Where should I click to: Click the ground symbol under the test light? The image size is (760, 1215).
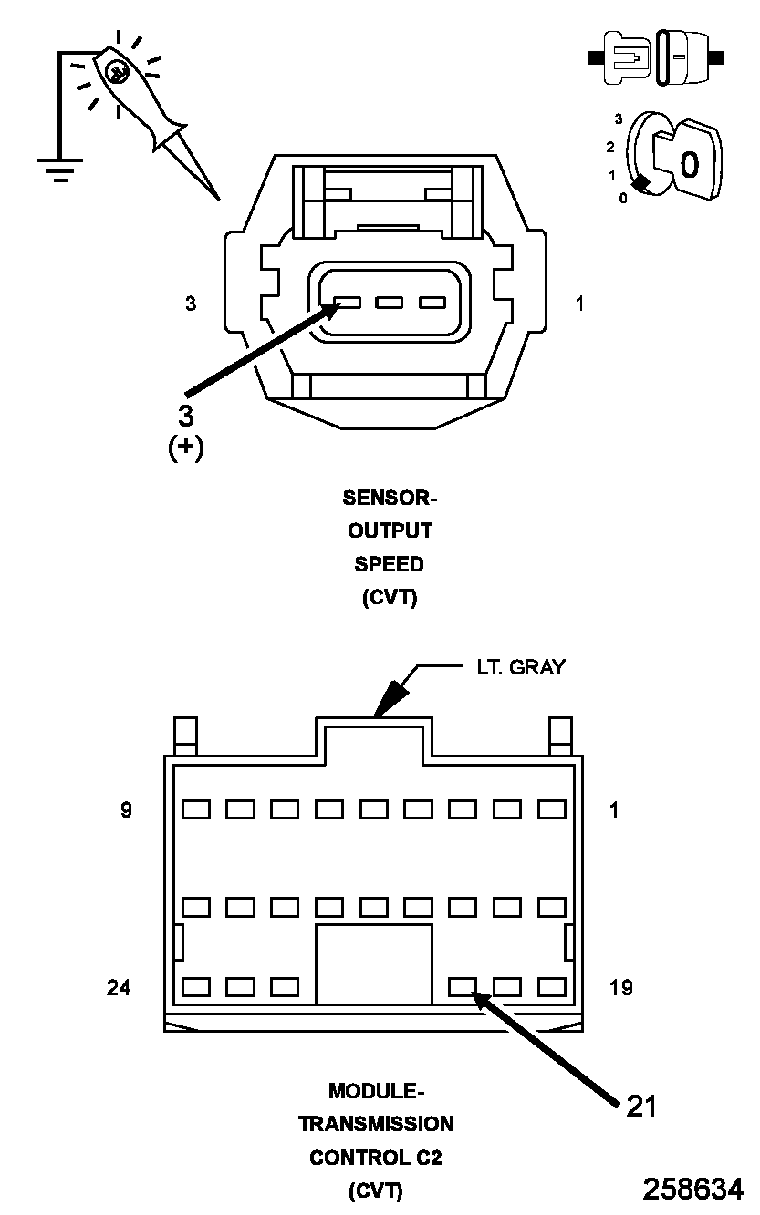[x=59, y=170]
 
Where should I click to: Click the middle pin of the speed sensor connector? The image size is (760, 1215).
[x=390, y=303]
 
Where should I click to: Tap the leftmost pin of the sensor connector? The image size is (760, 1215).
[x=348, y=303]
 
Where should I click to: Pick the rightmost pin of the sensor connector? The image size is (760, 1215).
[x=431, y=303]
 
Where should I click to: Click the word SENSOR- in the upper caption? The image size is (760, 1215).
[x=390, y=498]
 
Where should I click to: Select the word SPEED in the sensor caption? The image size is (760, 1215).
[x=390, y=564]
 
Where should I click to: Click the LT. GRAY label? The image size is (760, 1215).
[x=520, y=667]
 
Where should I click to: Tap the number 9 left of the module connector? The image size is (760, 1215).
[x=126, y=809]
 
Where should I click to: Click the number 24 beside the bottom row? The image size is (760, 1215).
[x=119, y=987]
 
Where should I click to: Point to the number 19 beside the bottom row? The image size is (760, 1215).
[x=620, y=987]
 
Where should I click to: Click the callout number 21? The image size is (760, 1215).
[x=641, y=1106]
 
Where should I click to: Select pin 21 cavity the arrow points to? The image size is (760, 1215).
[x=463, y=986]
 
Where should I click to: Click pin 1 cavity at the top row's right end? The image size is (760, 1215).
[x=552, y=808]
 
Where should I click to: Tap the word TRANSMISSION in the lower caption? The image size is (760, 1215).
[x=376, y=1124]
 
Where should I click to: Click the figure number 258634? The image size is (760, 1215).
[x=692, y=1189]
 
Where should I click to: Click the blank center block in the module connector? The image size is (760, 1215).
[x=373, y=964]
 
